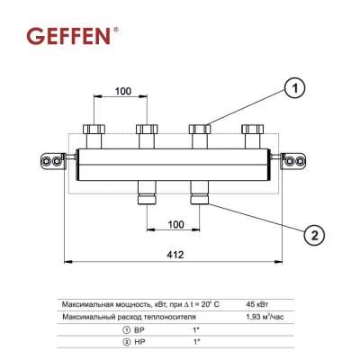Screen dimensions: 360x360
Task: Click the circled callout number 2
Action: tap(313, 235)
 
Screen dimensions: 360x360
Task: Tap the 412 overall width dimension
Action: tap(175, 255)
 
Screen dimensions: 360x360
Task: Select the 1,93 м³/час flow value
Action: tap(265, 316)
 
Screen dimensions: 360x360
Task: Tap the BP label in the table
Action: tap(144, 329)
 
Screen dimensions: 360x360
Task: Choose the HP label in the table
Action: tap(144, 343)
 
